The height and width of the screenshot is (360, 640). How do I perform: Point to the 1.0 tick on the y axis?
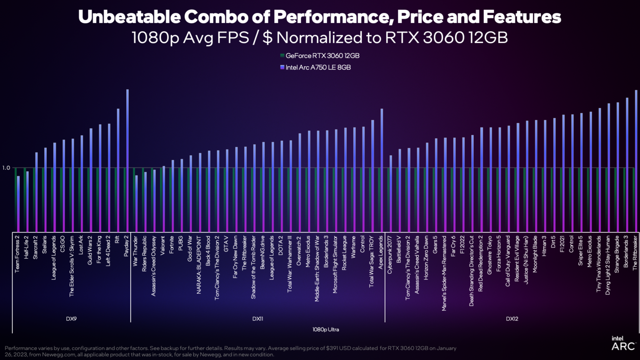[x=6, y=168]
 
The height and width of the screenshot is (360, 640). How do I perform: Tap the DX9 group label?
[x=71, y=319]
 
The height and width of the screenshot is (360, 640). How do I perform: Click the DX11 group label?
[x=257, y=319]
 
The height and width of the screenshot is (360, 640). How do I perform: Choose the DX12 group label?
[x=512, y=319]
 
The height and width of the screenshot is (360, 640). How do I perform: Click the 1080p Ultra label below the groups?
[x=325, y=330]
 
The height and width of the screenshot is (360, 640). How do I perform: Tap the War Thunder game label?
[x=135, y=251]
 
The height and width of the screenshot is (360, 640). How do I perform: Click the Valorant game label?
[x=163, y=247]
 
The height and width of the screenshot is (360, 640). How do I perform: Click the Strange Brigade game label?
[x=617, y=254]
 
